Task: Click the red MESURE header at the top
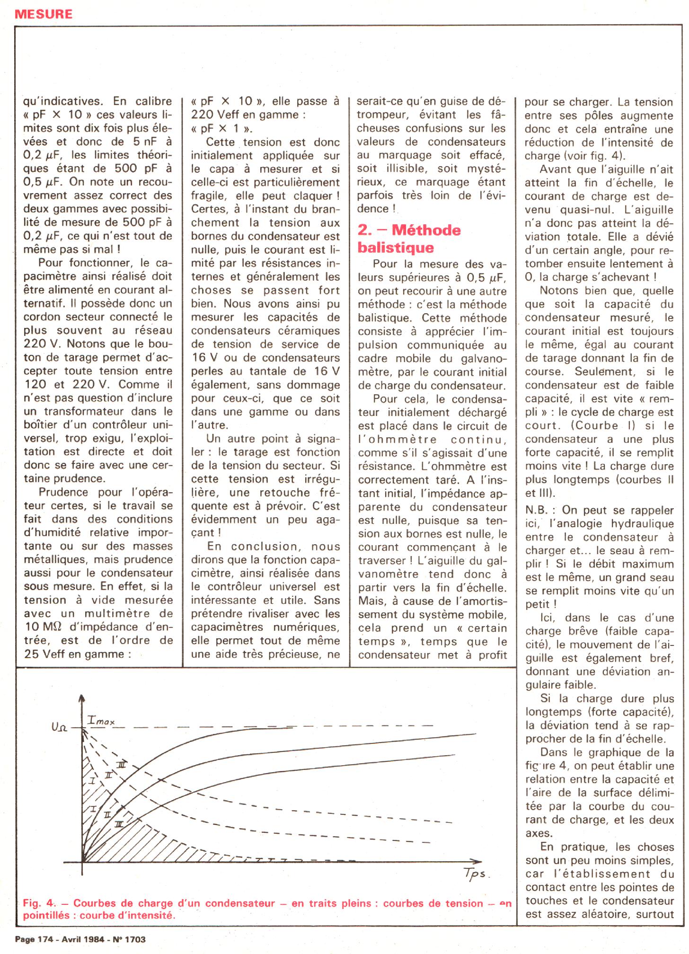pos(44,14)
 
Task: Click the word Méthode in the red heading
pos(426,230)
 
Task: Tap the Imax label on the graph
pos(101,721)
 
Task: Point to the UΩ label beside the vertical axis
pos(60,727)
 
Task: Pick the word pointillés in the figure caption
pos(47,915)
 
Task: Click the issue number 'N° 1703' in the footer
pos(129,939)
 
